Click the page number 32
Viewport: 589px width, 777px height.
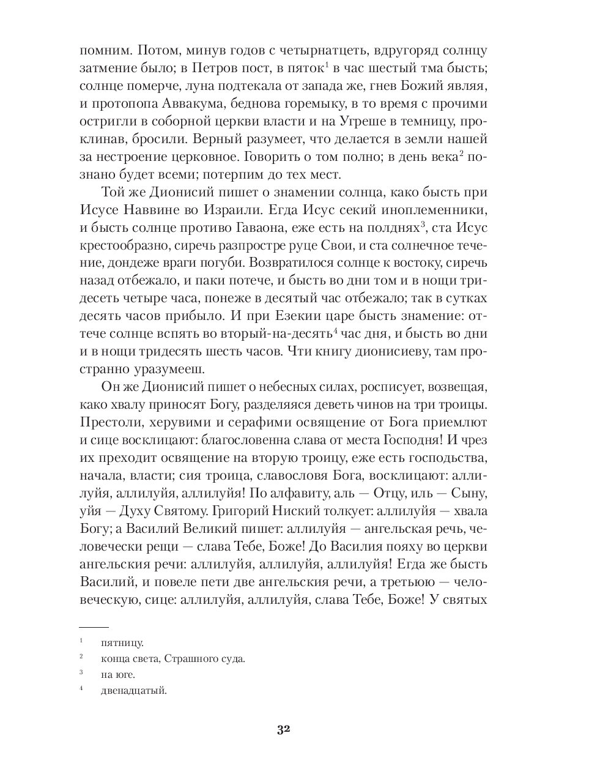(283, 729)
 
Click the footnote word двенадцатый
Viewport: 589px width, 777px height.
(135, 691)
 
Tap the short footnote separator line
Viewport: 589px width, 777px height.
(94, 627)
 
